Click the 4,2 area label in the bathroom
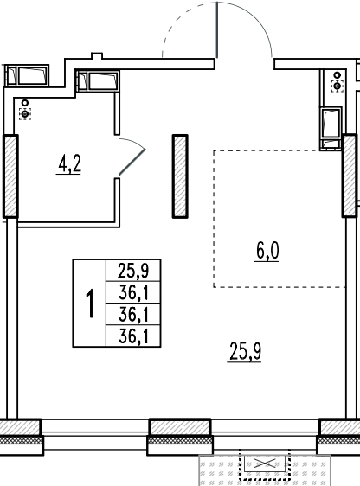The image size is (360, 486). (69, 164)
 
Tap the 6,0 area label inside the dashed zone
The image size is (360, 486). (267, 251)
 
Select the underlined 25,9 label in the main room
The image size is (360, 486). (245, 351)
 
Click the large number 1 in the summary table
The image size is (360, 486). (90, 304)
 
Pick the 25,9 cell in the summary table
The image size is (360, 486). (133, 271)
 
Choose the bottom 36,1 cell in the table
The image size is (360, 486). (133, 336)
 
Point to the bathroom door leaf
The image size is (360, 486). (132, 162)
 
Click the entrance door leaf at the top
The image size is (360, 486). (216, 30)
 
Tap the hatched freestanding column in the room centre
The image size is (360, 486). (180, 176)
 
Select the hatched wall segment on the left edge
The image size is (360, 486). (10, 176)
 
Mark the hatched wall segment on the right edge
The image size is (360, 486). (350, 176)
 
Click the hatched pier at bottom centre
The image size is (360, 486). (180, 427)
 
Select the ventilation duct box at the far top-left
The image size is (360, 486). (28, 75)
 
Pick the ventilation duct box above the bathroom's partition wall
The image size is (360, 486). (98, 81)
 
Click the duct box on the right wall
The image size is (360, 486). (331, 128)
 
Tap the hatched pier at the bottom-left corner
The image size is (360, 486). (21, 427)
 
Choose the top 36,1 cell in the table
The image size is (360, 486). (133, 292)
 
